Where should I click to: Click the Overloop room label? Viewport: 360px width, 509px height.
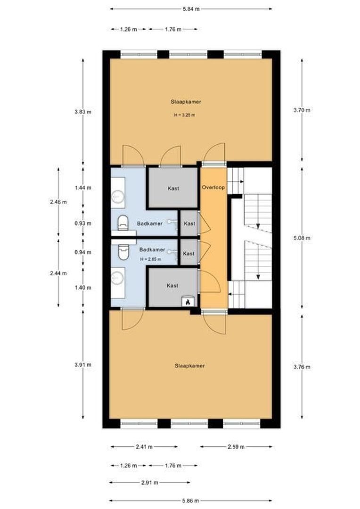[x=213, y=187]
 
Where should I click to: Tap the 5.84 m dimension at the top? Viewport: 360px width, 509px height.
[x=191, y=9]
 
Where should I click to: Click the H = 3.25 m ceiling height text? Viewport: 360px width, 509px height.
[x=184, y=115]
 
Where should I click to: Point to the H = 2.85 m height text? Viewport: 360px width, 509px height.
[x=151, y=259]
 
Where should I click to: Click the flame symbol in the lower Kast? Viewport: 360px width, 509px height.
[x=188, y=302]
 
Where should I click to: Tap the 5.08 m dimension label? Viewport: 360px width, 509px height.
[x=302, y=238]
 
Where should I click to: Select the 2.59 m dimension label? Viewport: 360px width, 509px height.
[x=236, y=447]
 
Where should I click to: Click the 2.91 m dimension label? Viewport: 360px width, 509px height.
[x=150, y=483]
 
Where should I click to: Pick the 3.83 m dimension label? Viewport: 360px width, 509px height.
[x=83, y=112]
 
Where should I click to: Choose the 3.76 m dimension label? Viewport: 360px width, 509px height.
[x=302, y=367]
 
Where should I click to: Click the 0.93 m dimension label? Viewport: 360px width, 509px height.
[x=83, y=223]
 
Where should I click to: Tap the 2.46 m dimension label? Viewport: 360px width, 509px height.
[x=58, y=202]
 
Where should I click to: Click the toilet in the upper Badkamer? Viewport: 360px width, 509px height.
[x=123, y=222]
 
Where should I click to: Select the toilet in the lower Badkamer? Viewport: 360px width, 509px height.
[x=123, y=252]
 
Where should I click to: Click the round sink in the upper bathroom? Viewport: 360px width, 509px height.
[x=117, y=197]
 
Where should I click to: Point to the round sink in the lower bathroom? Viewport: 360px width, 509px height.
[x=117, y=278]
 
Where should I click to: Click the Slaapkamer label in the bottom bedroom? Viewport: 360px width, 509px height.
[x=190, y=366]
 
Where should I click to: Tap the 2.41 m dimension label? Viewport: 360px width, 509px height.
[x=144, y=447]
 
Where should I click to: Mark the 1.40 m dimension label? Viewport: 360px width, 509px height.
[x=83, y=287]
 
